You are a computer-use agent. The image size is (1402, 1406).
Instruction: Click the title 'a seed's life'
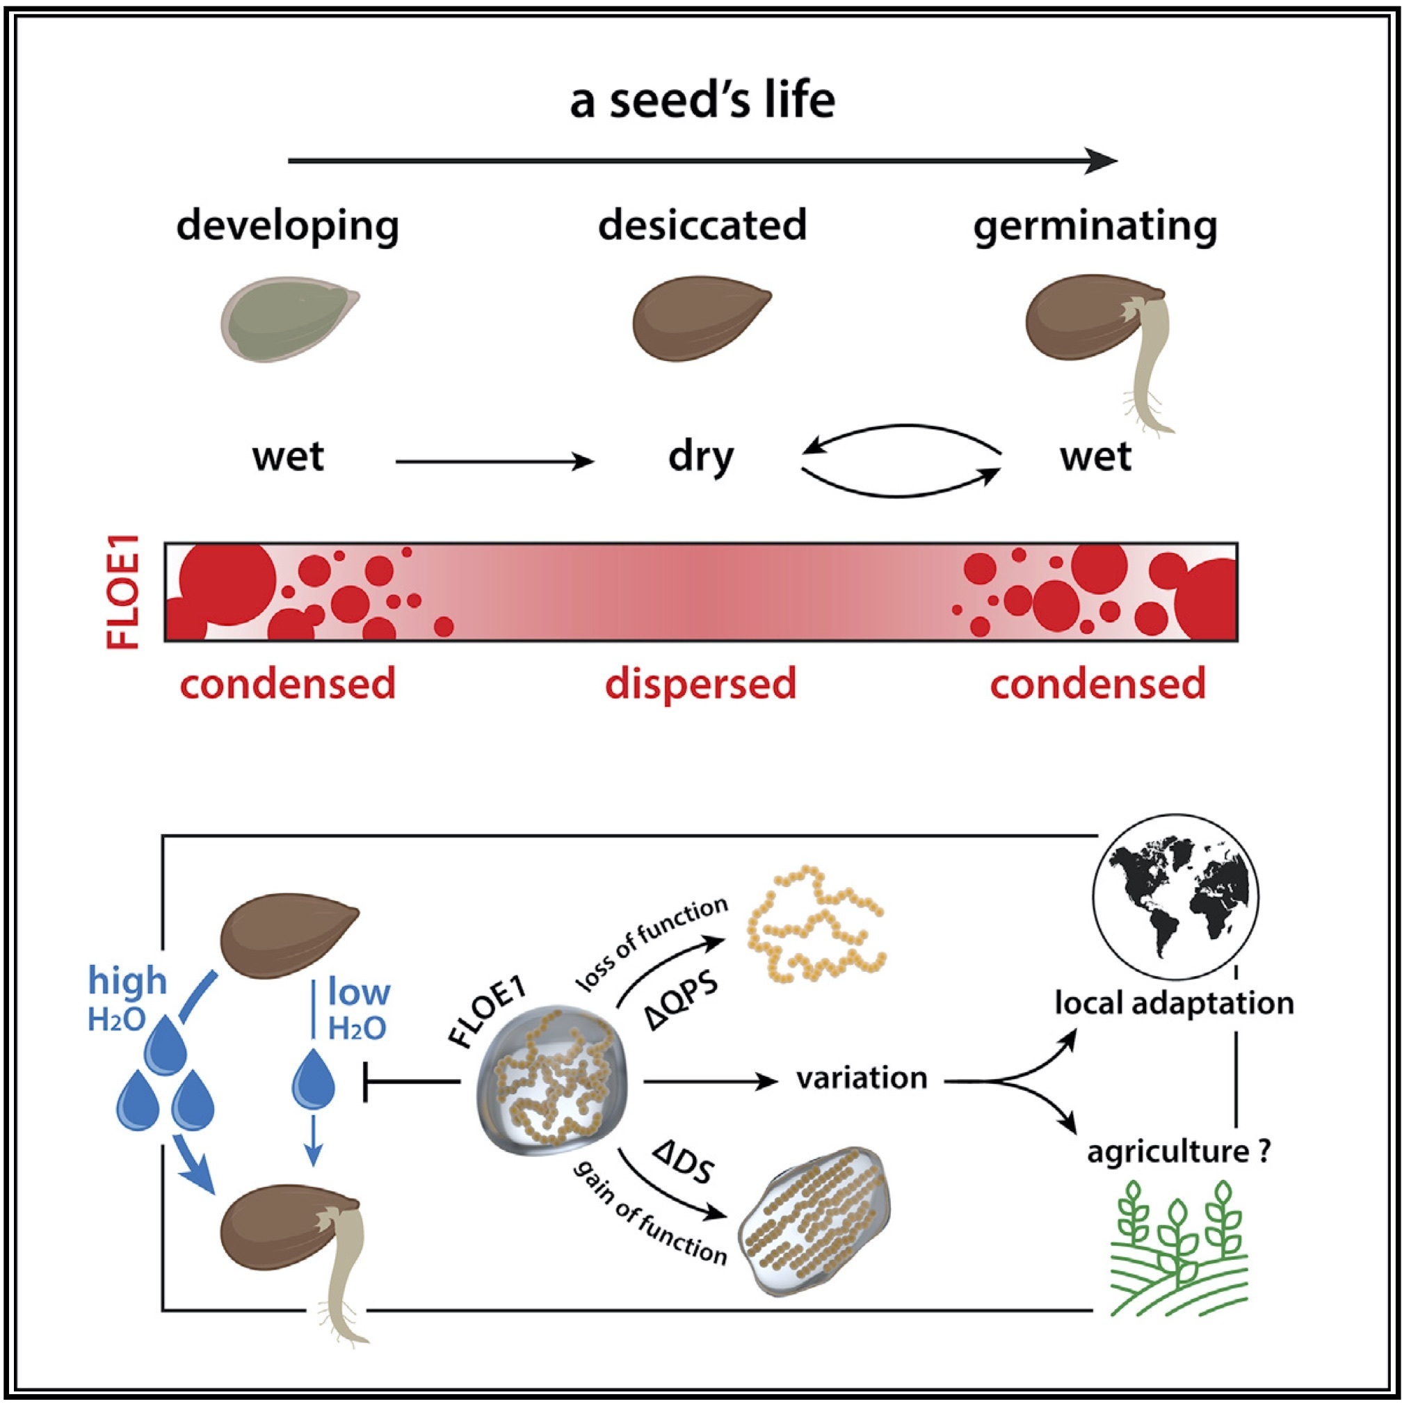click(x=702, y=100)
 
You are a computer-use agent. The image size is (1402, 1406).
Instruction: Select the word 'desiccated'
click(x=702, y=225)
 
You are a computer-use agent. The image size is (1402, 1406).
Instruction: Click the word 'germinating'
click(x=1095, y=227)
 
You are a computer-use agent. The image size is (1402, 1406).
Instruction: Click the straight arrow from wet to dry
click(x=494, y=461)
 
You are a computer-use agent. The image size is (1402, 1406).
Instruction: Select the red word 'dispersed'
click(x=700, y=684)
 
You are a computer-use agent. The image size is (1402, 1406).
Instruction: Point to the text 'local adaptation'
click(x=1173, y=1004)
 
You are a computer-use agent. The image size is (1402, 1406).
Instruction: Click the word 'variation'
click(x=862, y=1078)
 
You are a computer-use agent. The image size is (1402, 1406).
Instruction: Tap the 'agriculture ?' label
click(x=1179, y=1152)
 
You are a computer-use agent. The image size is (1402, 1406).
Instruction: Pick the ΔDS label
click(x=684, y=1163)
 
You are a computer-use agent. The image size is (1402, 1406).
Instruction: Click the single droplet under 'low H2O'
click(x=313, y=1079)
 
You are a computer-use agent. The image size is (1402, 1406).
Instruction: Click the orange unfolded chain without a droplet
click(x=814, y=922)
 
